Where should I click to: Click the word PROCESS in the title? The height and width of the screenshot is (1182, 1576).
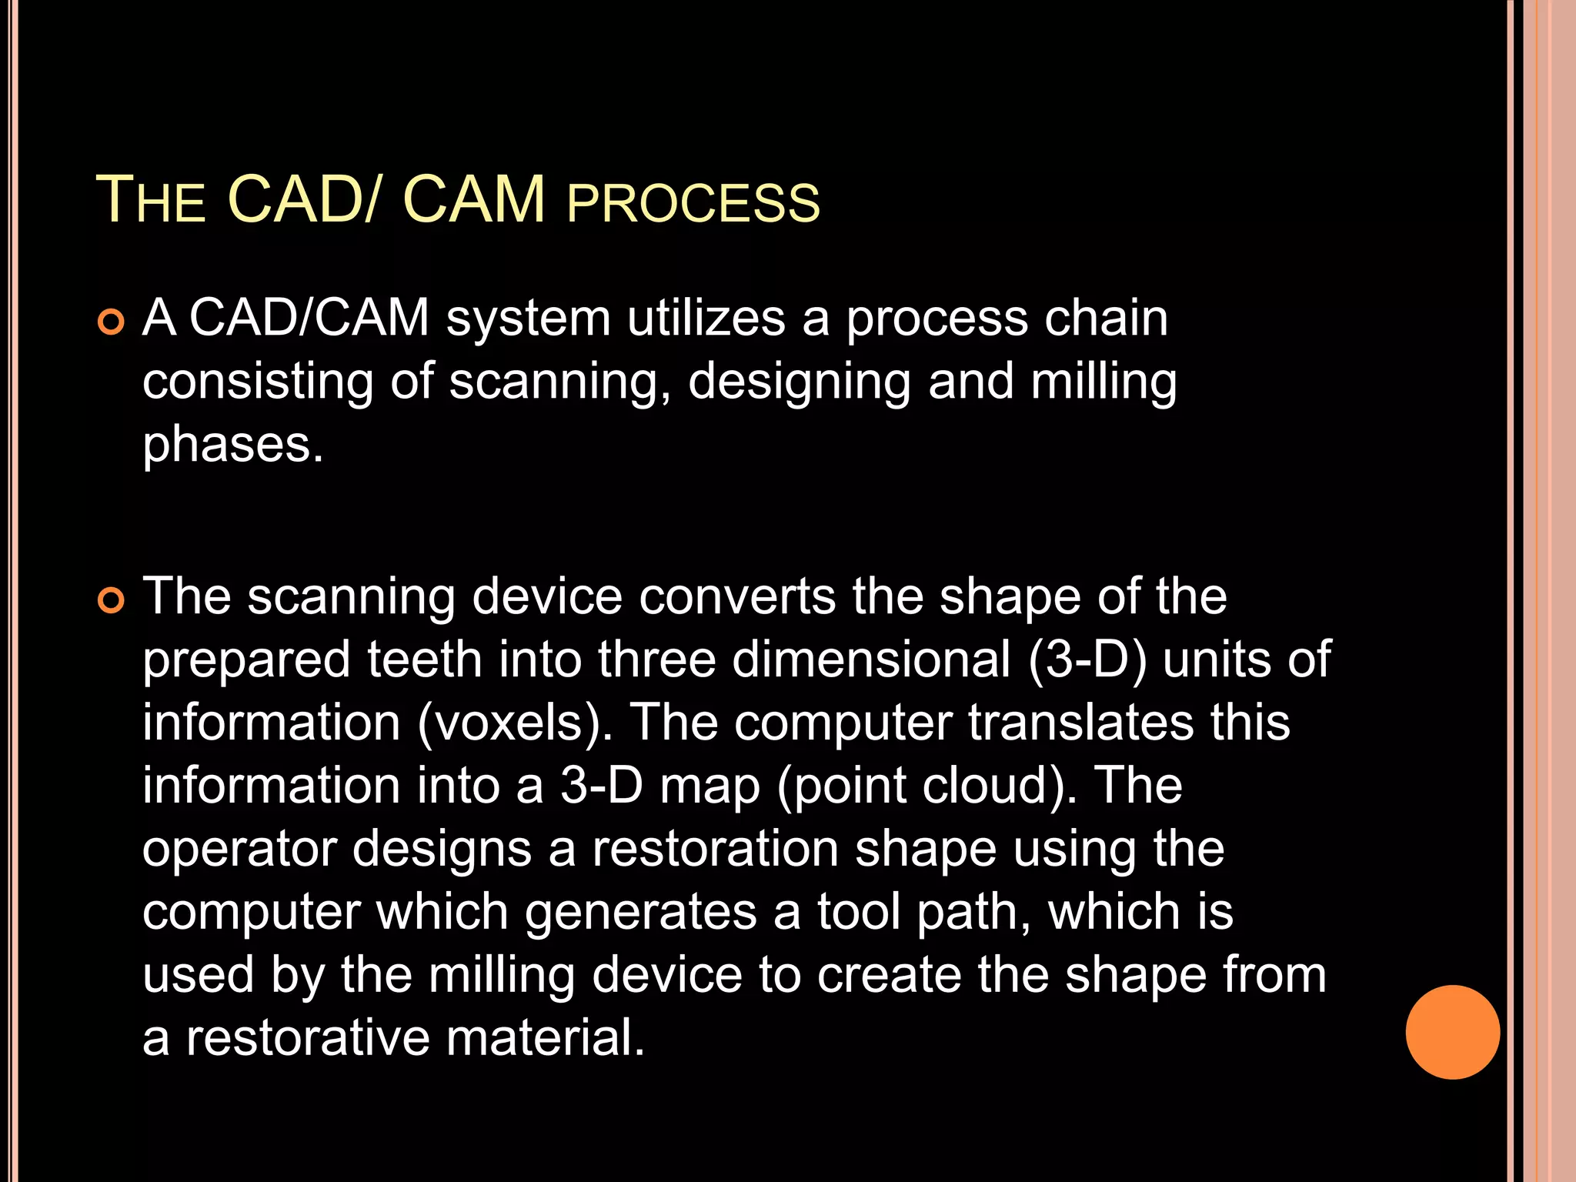[x=693, y=203]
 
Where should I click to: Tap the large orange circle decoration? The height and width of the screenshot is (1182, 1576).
[x=1452, y=1032]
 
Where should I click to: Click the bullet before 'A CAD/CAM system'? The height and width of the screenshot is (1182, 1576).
[x=112, y=322]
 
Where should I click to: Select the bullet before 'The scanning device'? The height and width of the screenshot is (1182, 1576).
[x=112, y=601]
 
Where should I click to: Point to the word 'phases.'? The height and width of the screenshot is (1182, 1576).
[x=232, y=446]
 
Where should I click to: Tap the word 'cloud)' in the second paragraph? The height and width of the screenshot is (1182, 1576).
[x=1000, y=786]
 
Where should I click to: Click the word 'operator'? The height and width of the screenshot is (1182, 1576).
[x=240, y=849]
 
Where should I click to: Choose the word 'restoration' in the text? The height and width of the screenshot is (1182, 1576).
[x=715, y=849]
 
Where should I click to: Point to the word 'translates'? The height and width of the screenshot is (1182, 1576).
[x=1080, y=723]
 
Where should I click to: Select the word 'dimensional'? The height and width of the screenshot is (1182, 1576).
[x=870, y=659]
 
